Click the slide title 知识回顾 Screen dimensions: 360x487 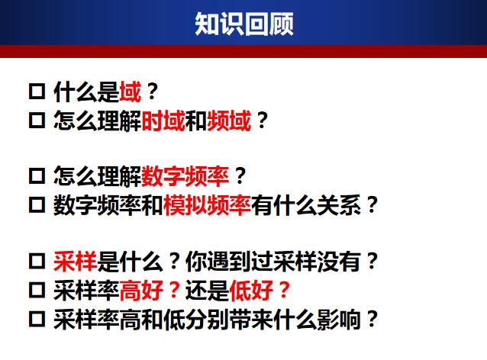tap(243, 24)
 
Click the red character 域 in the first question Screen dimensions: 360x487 tap(131, 92)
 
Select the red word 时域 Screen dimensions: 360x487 tap(163, 121)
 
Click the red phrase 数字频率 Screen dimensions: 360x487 tap(185, 177)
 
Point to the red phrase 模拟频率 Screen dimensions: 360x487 tap(207, 205)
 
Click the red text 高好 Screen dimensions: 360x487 tap(141, 290)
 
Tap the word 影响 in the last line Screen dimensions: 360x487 tap(338, 318)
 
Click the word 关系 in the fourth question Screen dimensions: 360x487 tap(338, 205)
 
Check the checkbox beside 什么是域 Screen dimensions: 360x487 tap(37, 93)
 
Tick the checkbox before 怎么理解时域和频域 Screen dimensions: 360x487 tap(37, 121)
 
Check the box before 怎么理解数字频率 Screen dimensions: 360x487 tap(37, 178)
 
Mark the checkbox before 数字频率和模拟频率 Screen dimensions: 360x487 tap(37, 206)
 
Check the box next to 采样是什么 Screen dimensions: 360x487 tap(37, 262)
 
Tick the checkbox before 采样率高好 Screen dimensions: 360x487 tap(37, 291)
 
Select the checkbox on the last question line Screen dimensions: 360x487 tap(37, 319)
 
